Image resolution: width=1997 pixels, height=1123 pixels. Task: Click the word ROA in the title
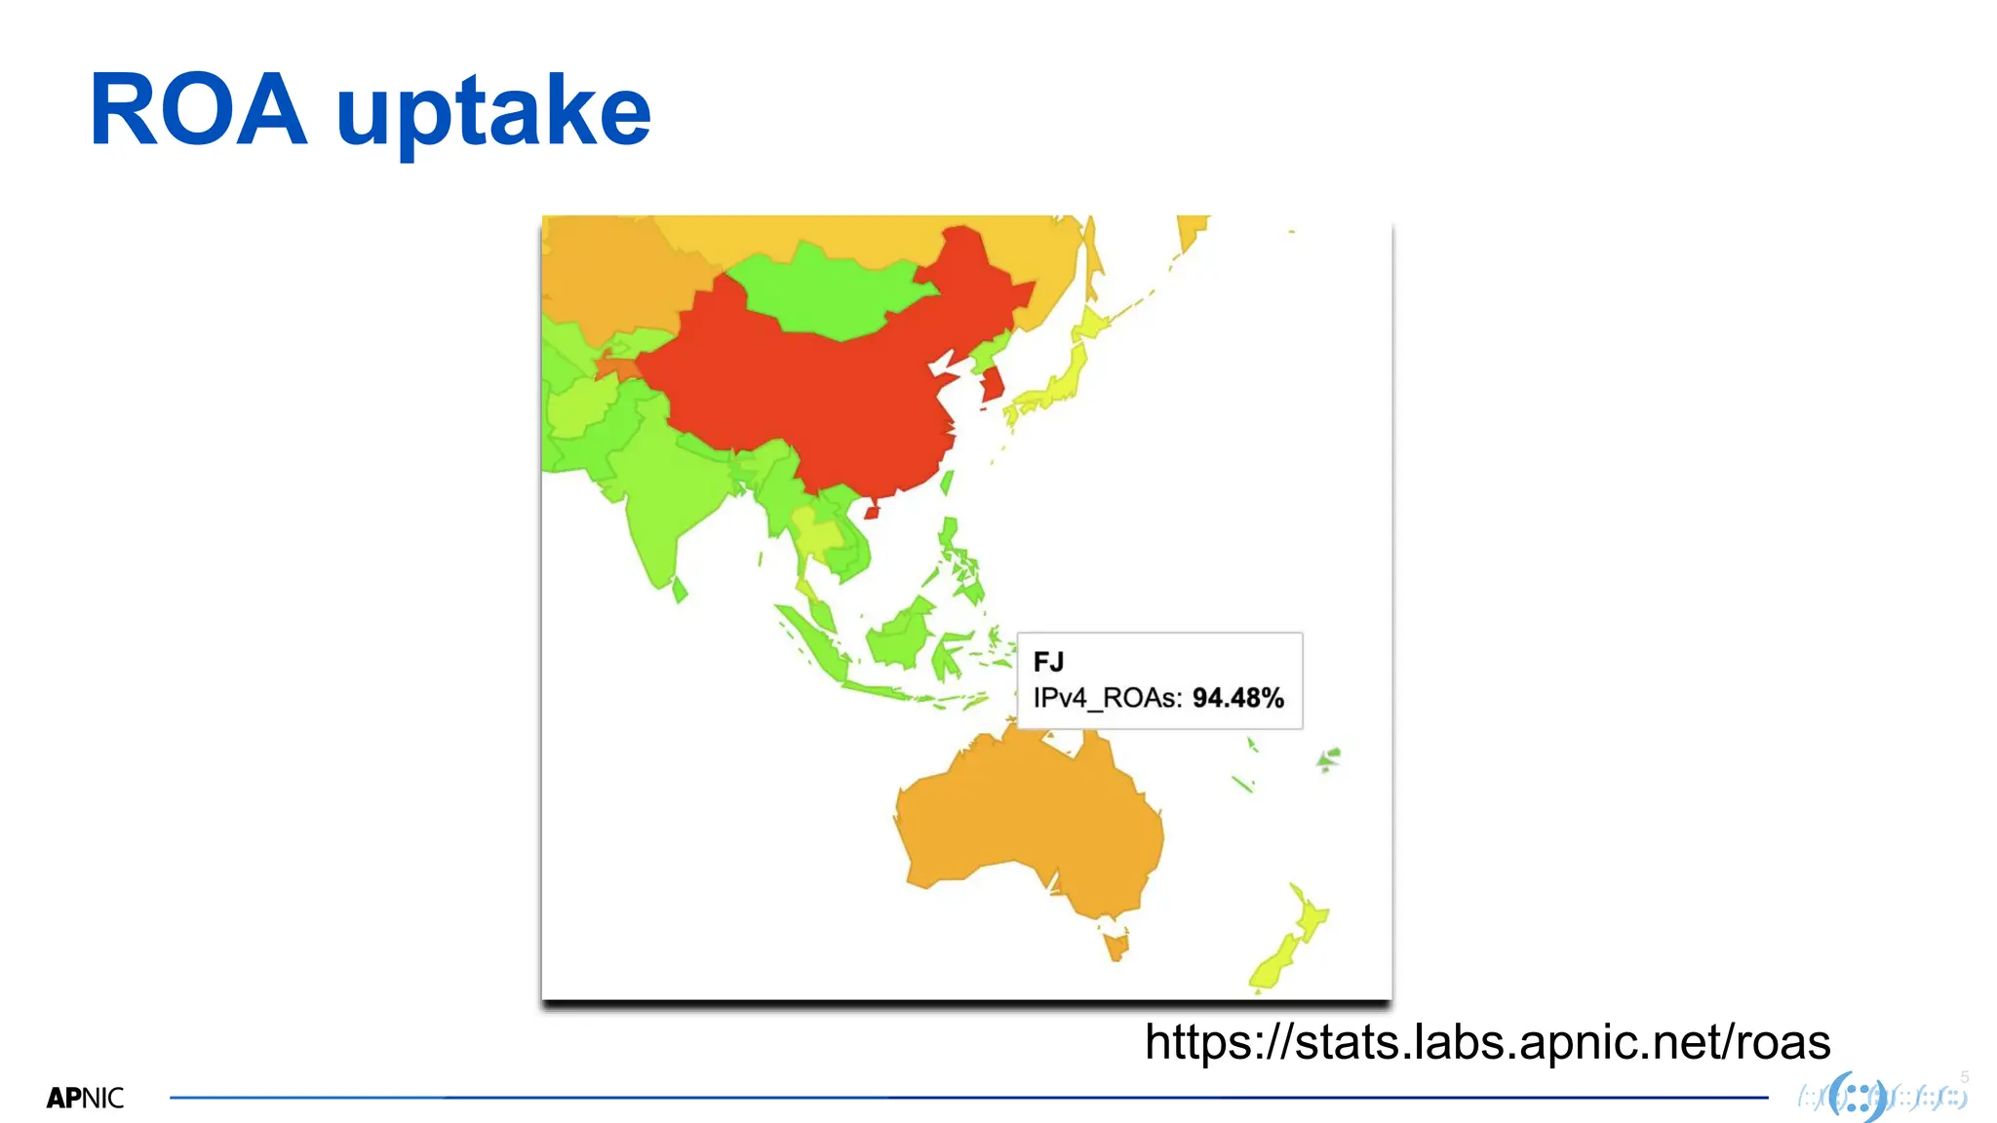pyautogui.click(x=198, y=111)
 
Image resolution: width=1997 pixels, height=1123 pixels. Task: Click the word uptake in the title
pyautogui.click(x=493, y=115)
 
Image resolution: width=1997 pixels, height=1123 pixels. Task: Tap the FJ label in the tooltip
pyautogui.click(x=1048, y=663)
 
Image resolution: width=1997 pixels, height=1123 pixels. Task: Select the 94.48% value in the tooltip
pyautogui.click(x=1237, y=698)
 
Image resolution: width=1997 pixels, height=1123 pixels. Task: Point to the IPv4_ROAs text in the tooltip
pyautogui.click(x=1108, y=698)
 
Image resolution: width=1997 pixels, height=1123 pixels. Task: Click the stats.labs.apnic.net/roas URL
pyautogui.click(x=1487, y=1042)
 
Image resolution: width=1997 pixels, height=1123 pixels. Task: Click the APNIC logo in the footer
pyautogui.click(x=86, y=1099)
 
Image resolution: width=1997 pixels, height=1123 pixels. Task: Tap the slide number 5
pyautogui.click(x=1965, y=1077)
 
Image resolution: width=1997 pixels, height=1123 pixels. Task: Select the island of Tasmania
pyautogui.click(x=1116, y=945)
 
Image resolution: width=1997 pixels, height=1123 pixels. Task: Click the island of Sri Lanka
pyautogui.click(x=680, y=589)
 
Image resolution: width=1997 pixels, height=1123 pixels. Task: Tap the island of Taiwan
pyautogui.click(x=946, y=482)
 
